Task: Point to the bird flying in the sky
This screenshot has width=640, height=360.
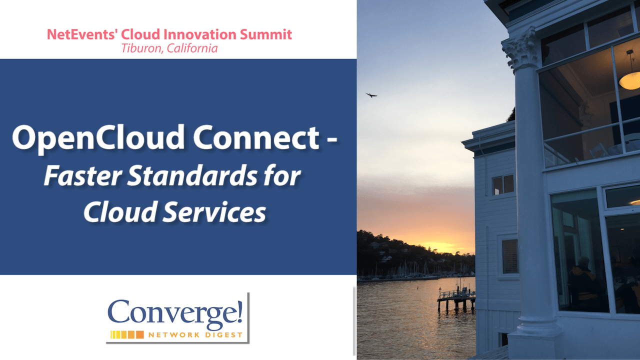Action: pos(371,94)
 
